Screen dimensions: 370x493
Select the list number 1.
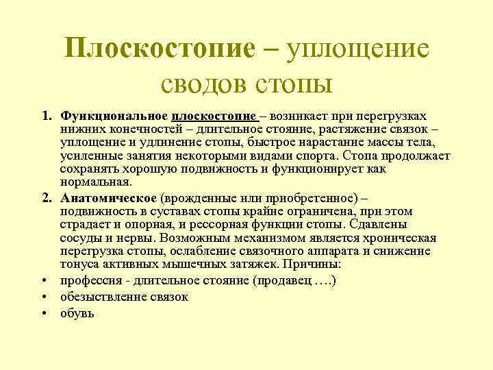45,117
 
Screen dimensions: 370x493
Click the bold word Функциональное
113,117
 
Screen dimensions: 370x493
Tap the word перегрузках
392,117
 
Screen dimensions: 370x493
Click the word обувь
77,313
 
